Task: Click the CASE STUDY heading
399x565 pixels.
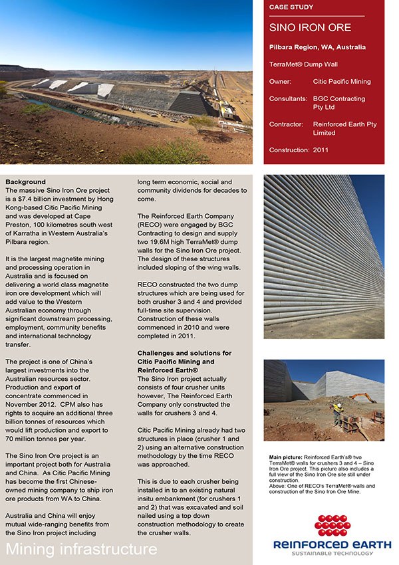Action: coord(291,7)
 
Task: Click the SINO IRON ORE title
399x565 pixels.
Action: coord(310,28)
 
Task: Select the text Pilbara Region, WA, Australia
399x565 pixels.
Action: coord(317,48)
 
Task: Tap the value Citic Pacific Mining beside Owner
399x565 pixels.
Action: coord(342,82)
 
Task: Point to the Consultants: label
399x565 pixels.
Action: coord(288,99)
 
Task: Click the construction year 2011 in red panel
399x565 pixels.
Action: coord(321,150)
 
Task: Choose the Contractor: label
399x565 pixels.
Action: coord(287,124)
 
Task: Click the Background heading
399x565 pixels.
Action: coord(25,182)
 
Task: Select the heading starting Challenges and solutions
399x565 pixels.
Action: coord(184,353)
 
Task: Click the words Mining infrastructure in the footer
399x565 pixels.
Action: coord(82,550)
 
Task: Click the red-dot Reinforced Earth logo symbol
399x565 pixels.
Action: coord(332,525)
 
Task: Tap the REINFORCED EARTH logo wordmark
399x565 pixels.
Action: coord(332,544)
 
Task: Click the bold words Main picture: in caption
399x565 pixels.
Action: coord(285,458)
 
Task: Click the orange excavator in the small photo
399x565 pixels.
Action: coord(363,397)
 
